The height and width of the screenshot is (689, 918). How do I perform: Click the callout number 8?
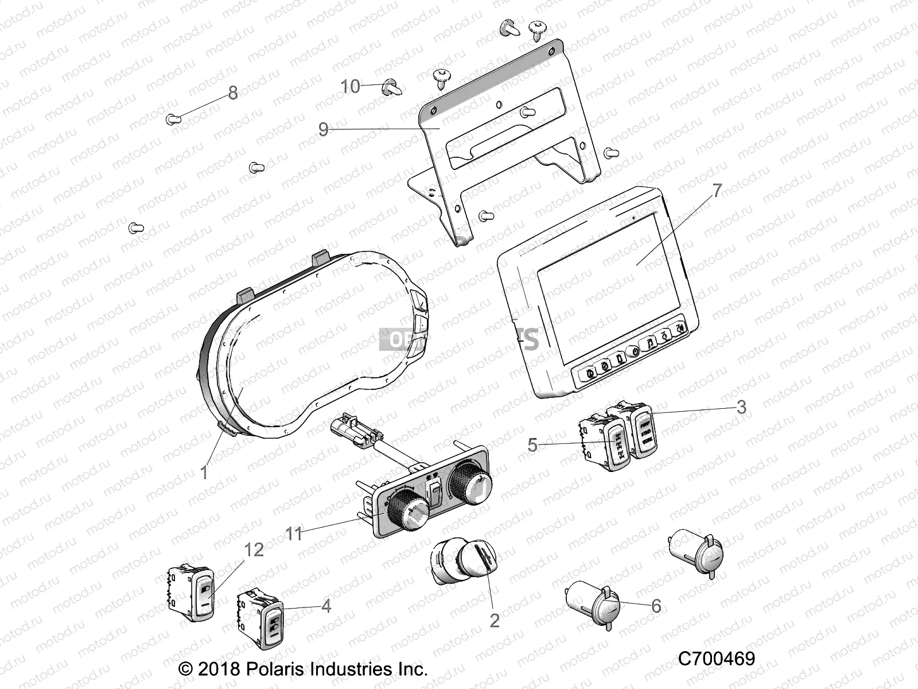tap(232, 93)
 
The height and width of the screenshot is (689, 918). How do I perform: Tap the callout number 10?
tap(351, 87)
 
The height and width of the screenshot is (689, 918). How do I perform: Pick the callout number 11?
tap(294, 533)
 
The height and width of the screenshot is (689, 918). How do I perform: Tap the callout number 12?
tap(254, 550)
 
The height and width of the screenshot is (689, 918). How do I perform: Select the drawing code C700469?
tap(717, 659)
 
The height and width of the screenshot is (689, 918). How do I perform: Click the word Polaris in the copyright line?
tap(270, 669)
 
